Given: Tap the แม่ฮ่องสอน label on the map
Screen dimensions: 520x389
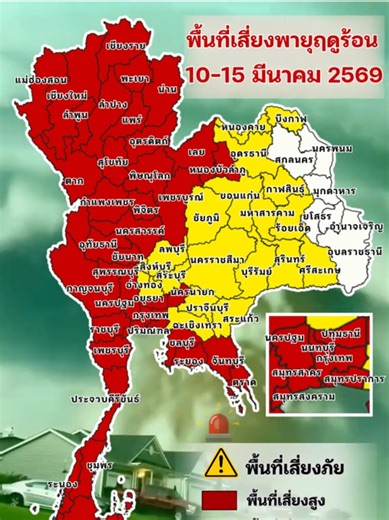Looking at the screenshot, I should click(x=41, y=78).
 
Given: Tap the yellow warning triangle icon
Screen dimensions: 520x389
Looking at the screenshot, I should click(x=220, y=463).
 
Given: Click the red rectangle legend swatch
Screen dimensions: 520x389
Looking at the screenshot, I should click(x=220, y=501).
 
